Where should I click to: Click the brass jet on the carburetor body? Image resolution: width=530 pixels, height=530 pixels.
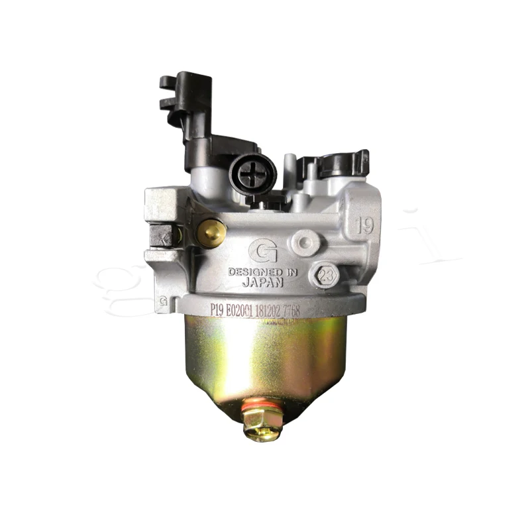(x=211, y=233)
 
